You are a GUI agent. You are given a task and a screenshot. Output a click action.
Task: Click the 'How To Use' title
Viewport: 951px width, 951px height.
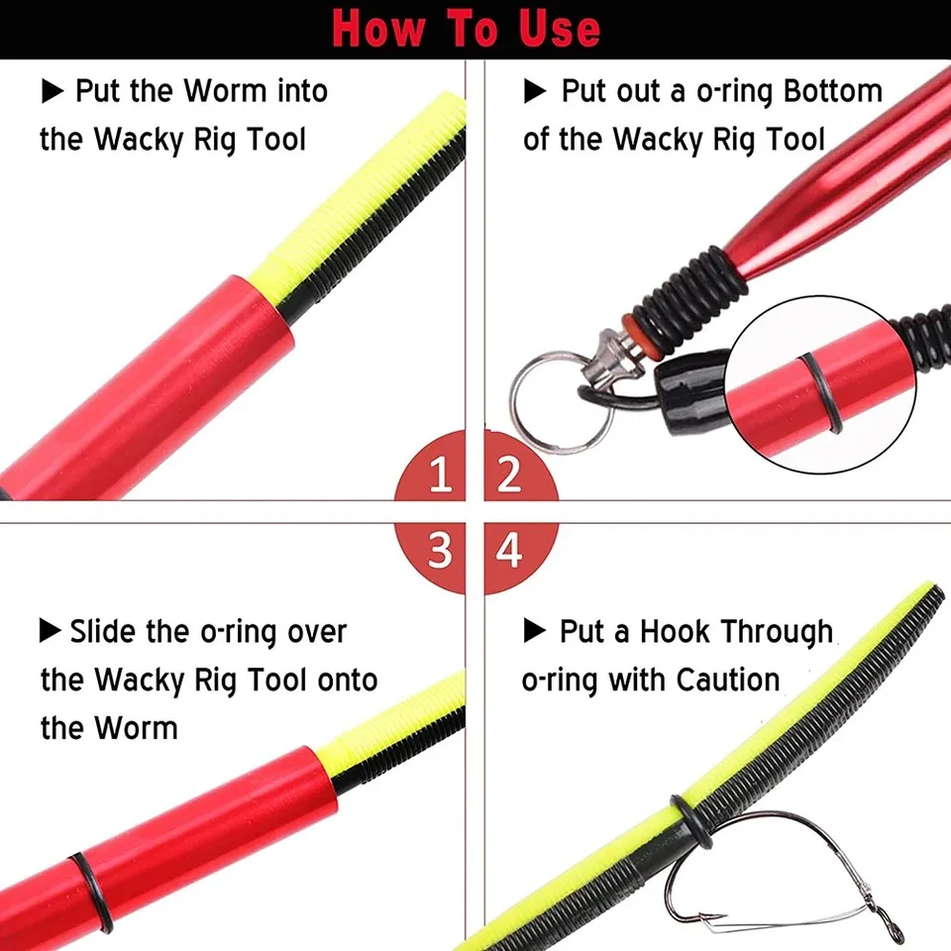(467, 27)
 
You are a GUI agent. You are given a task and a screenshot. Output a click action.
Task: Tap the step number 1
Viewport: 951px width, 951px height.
(440, 475)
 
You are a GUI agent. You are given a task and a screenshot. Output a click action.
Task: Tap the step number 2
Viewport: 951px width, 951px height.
(509, 475)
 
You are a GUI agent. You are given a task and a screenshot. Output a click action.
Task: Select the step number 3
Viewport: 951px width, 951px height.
(440, 551)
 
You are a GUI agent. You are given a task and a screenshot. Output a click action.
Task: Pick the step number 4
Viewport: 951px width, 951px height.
(509, 551)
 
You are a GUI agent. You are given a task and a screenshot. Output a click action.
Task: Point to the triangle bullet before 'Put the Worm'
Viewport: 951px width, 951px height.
(53, 92)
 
